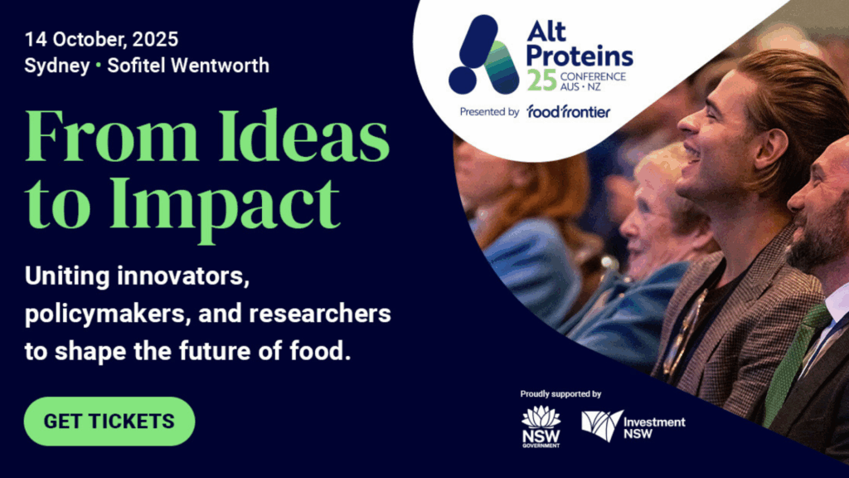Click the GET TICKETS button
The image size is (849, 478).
click(x=109, y=421)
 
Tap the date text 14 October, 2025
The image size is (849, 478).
click(x=101, y=39)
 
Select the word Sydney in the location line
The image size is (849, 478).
click(x=56, y=66)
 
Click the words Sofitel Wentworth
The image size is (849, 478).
click(x=188, y=66)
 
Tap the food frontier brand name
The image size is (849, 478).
click(x=568, y=111)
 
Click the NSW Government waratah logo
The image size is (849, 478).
click(x=541, y=427)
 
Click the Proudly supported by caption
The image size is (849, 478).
click(x=560, y=393)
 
